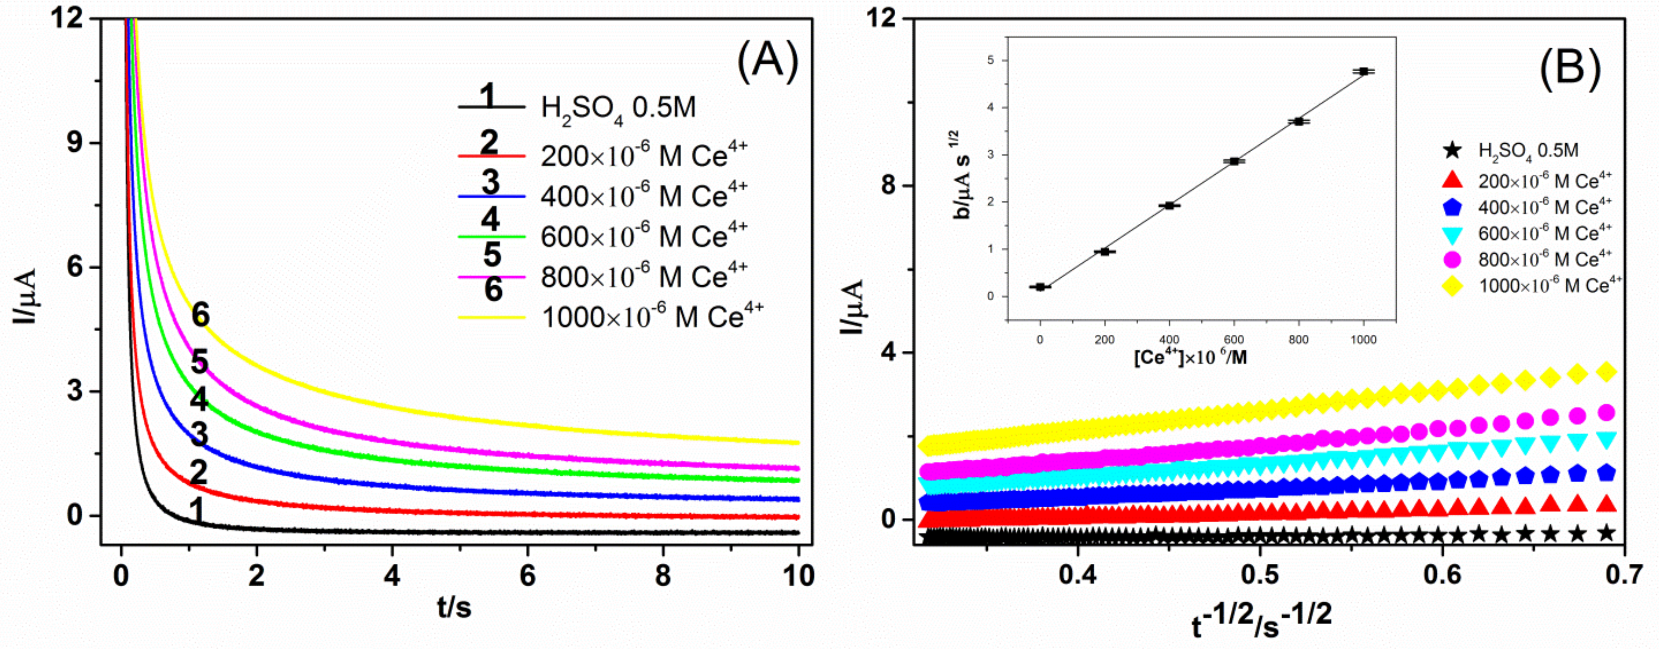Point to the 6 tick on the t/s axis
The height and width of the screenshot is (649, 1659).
(x=527, y=575)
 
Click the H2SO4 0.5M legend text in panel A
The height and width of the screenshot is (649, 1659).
(x=618, y=108)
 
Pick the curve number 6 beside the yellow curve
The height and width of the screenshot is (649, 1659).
(x=200, y=315)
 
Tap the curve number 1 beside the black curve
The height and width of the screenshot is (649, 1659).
(x=197, y=511)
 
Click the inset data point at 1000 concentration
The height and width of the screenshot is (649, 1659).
(x=1363, y=72)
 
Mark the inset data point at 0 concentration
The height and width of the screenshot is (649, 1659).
(x=1040, y=287)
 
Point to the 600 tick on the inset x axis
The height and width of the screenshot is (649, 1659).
(x=1234, y=340)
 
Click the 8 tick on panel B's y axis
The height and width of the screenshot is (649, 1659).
(x=889, y=186)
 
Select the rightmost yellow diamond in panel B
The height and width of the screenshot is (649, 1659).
(x=1607, y=371)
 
